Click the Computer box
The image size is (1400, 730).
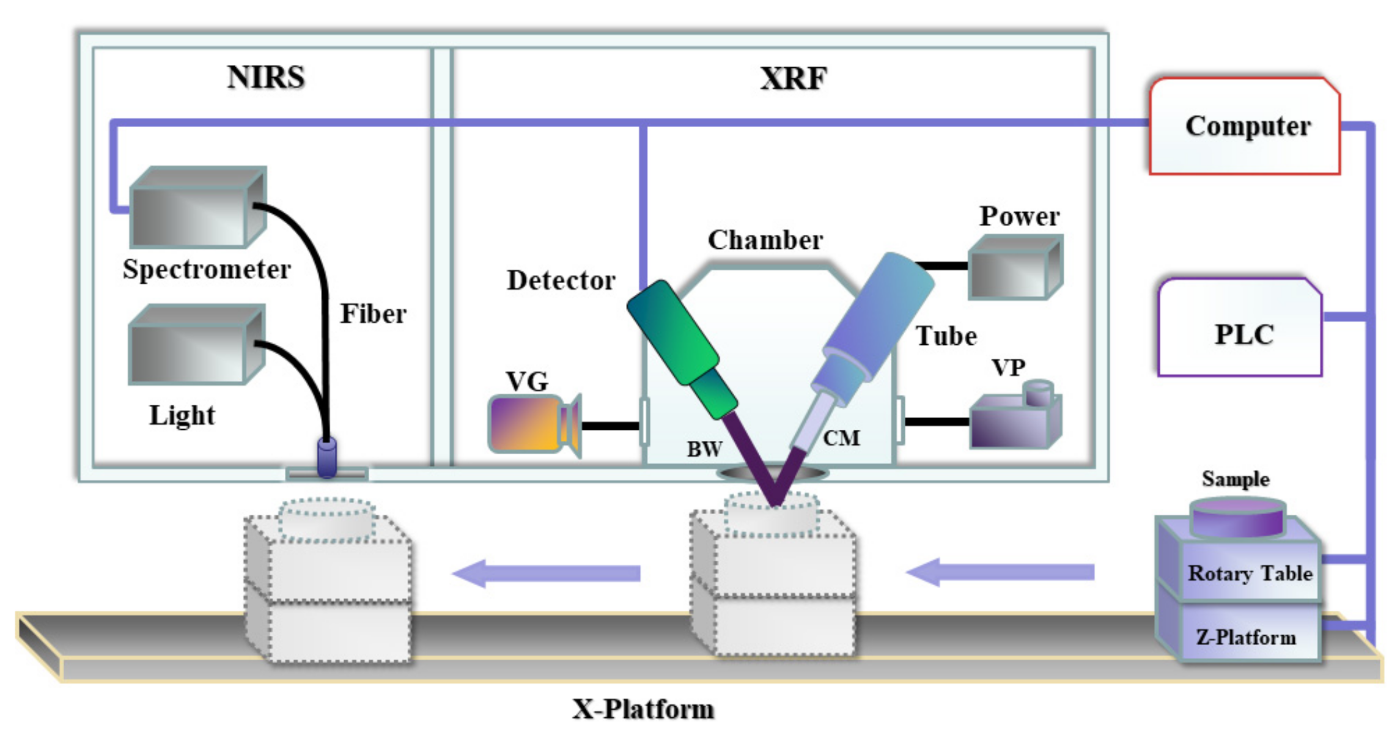[x=1244, y=127]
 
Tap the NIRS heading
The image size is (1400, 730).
[x=265, y=78]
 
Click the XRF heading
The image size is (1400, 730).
[x=793, y=79]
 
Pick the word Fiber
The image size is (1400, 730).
[x=373, y=314]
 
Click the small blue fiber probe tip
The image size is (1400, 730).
[x=327, y=457]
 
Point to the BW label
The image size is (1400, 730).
[x=704, y=449]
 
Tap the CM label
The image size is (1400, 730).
[x=841, y=438]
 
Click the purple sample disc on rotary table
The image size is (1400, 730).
[x=1238, y=517]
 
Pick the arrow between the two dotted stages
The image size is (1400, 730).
[x=547, y=573]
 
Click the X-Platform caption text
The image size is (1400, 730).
[x=643, y=709]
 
